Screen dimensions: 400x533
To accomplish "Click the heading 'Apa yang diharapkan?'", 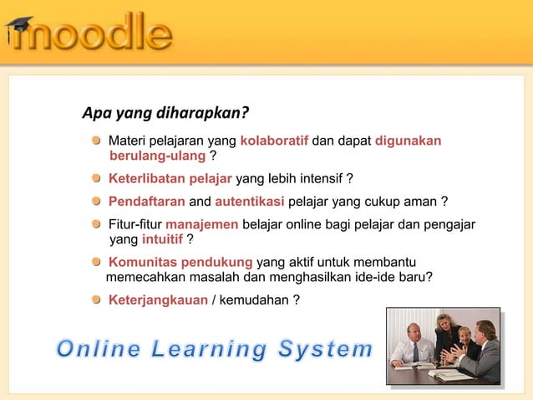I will tap(165, 113).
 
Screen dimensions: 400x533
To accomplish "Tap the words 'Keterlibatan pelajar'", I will tap(170, 178).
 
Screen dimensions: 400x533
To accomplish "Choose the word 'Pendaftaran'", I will tap(147, 202).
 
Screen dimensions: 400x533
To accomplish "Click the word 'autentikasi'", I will tap(250, 202).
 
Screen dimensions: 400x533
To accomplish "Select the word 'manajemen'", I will tap(203, 224).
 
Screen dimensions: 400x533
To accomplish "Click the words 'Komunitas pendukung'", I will tap(180, 263).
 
